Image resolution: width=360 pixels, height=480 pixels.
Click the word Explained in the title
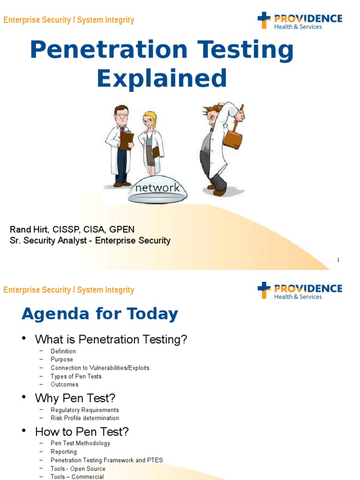(x=162, y=78)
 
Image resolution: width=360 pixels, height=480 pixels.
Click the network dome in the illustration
(x=157, y=190)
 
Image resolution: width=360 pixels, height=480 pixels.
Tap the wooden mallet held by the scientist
(x=232, y=136)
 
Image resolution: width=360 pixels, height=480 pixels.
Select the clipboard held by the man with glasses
(x=126, y=141)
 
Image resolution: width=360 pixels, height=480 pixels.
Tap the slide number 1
(x=338, y=260)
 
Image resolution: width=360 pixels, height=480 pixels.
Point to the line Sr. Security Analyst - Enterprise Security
(x=90, y=240)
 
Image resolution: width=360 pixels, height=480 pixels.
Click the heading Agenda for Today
(x=100, y=314)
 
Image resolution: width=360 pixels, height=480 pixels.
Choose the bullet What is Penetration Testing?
(x=111, y=340)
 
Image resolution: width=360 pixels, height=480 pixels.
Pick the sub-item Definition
(x=63, y=351)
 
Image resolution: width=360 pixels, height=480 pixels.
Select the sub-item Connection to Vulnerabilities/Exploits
(x=100, y=368)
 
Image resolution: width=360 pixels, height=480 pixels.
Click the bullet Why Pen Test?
(x=75, y=398)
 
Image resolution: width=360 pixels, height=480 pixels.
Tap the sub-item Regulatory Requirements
(x=85, y=410)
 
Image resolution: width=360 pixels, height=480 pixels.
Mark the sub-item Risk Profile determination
(x=85, y=418)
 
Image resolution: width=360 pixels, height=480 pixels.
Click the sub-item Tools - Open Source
(x=78, y=469)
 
